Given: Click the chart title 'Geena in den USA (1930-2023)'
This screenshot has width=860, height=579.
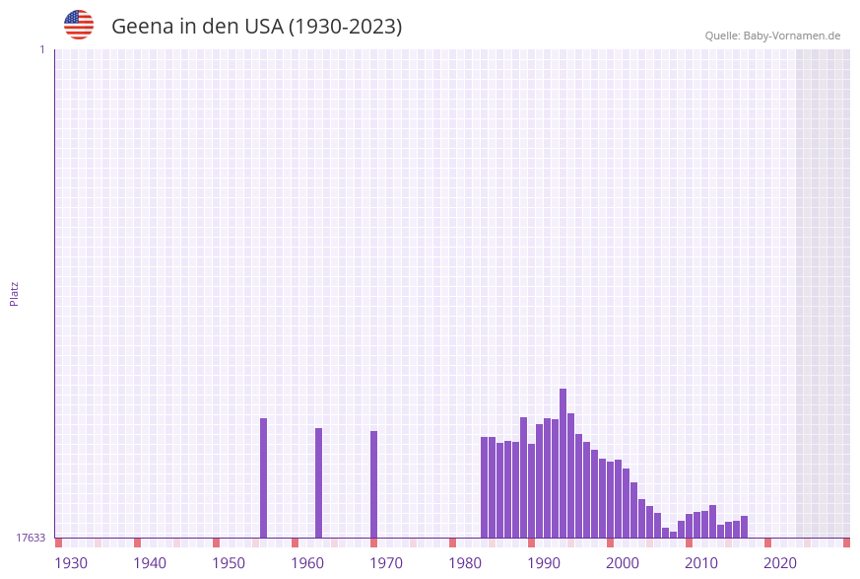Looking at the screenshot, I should (256, 27).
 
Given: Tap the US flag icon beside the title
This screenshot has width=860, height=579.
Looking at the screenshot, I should (79, 25).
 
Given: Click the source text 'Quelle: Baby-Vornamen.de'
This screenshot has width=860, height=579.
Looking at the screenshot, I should (772, 36).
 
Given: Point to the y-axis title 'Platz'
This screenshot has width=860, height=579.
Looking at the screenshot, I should (15, 293).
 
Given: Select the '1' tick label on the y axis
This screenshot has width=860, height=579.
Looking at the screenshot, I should (41, 49).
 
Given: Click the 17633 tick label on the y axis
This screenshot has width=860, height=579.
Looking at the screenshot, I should (31, 538).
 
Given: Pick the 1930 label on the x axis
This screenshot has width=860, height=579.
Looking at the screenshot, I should (71, 563).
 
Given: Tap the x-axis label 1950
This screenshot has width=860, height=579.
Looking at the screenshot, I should (229, 563).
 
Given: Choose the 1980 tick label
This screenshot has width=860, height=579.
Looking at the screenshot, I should (465, 563).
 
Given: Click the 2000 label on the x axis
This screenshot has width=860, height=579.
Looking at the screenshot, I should (623, 563).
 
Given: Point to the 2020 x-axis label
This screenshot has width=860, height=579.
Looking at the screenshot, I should (780, 563).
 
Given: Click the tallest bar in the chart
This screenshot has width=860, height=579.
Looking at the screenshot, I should (563, 464).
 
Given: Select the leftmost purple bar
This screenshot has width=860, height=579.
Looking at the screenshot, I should (264, 478).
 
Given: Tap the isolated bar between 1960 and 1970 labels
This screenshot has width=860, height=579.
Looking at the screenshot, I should (319, 483).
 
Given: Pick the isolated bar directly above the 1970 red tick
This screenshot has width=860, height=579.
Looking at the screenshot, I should (374, 484).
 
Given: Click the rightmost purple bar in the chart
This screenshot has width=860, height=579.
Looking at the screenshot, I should (745, 527).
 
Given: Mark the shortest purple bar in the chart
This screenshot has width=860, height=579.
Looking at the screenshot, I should (674, 535).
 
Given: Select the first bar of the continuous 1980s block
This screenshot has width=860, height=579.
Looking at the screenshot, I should (485, 487).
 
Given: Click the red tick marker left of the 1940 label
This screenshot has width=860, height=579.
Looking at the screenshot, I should (138, 543).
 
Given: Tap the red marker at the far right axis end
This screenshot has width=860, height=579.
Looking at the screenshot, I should (846, 543).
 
